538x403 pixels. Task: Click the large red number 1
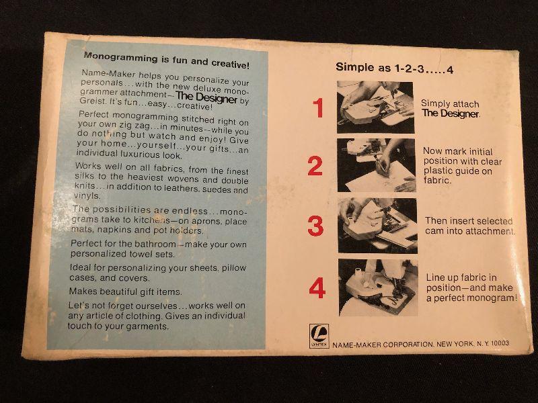click(319, 107)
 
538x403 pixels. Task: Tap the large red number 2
click(315, 166)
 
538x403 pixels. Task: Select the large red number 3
click(315, 226)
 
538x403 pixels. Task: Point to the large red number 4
click(317, 288)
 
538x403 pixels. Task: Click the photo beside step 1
click(375, 107)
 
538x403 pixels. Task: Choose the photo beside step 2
click(377, 165)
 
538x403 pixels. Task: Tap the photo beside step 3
click(377, 226)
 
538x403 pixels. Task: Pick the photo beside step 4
click(378, 287)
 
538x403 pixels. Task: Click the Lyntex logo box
click(319, 336)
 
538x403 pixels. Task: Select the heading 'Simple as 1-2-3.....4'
click(395, 68)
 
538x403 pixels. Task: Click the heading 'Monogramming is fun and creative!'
click(166, 60)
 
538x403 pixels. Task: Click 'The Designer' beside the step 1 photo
click(451, 114)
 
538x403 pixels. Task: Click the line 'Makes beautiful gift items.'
click(126, 292)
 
